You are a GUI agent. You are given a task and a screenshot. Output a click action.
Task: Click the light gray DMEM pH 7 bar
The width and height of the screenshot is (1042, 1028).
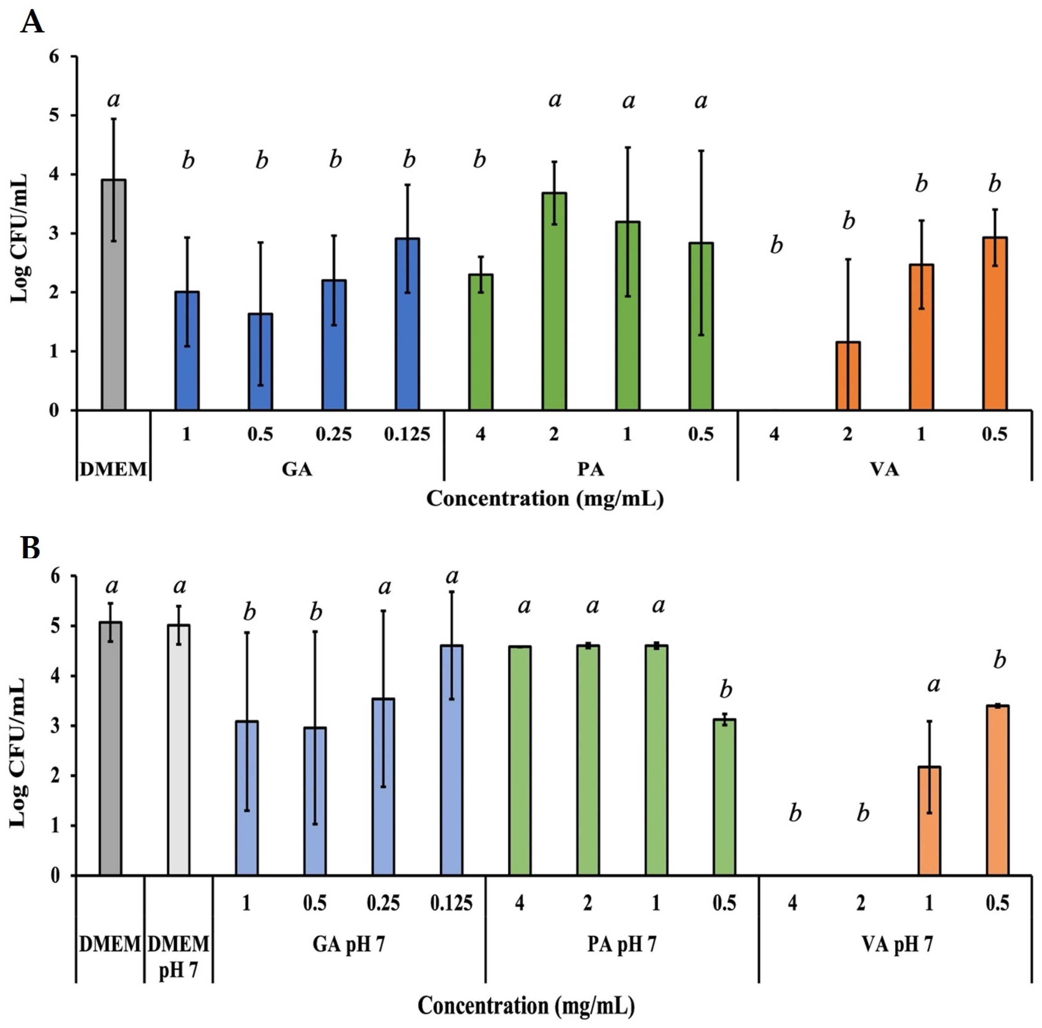[178, 750]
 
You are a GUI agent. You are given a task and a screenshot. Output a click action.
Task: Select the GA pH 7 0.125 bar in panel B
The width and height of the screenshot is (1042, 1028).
[451, 760]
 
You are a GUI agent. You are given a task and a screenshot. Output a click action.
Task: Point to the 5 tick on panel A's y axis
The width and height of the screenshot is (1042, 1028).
[54, 116]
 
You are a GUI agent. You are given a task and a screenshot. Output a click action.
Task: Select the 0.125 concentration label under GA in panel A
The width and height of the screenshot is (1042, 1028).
[407, 434]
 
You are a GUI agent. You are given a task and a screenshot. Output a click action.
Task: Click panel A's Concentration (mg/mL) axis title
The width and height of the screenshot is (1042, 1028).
[545, 499]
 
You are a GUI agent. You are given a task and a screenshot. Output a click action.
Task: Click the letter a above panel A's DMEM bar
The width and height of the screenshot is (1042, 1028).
[114, 99]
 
